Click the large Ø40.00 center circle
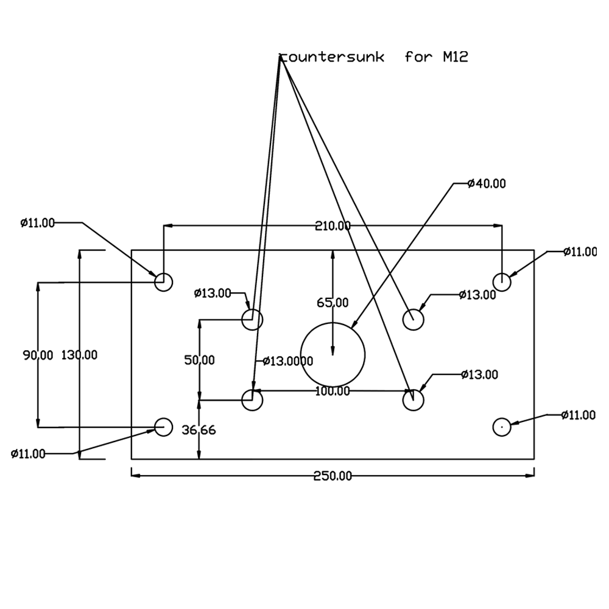[x=333, y=354]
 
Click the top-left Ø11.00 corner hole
[x=163, y=282]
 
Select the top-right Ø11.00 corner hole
[x=501, y=282]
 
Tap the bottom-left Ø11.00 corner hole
[x=163, y=427]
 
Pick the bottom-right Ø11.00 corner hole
[x=501, y=427]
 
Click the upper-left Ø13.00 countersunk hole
[x=252, y=319]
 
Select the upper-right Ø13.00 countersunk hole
[x=414, y=319]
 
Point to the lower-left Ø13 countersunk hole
[x=252, y=400]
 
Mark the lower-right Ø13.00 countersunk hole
[x=414, y=400]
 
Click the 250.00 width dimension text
[x=333, y=476]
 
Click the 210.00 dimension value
[x=333, y=226]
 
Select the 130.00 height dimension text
[x=79, y=355]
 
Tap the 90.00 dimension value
[x=38, y=355]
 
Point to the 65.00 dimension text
[x=333, y=303]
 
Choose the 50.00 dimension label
[x=199, y=360]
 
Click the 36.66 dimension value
[x=199, y=431]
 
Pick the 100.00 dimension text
[x=333, y=392]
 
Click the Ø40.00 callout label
[x=487, y=183]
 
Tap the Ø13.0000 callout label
[x=288, y=361]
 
